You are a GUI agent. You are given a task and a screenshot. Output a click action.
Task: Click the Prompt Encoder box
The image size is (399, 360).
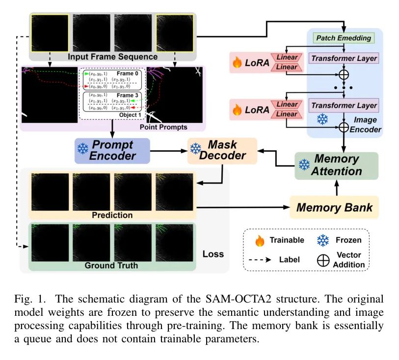111,150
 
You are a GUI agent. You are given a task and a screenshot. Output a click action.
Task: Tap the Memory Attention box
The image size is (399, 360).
336,165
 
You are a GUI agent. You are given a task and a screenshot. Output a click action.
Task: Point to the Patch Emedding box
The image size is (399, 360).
343,38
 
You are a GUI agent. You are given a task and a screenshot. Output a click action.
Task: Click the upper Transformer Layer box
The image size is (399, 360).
343,58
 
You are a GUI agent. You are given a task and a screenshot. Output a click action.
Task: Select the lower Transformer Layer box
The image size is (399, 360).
343,105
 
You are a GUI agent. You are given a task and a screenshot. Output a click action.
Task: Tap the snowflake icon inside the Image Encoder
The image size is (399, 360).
322,119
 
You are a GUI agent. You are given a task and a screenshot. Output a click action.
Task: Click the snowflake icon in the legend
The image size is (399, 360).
323,241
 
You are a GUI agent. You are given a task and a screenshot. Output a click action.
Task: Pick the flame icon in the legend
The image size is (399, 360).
259,241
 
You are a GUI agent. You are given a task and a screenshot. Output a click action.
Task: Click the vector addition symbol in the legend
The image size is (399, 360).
323,260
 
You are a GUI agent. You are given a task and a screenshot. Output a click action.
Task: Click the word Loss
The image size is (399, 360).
213,254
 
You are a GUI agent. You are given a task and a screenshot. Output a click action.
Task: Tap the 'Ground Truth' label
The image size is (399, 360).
111,266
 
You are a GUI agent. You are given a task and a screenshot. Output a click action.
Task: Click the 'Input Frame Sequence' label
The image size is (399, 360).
112,56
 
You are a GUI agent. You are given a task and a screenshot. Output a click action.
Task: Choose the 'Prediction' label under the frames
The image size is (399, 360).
112,215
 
